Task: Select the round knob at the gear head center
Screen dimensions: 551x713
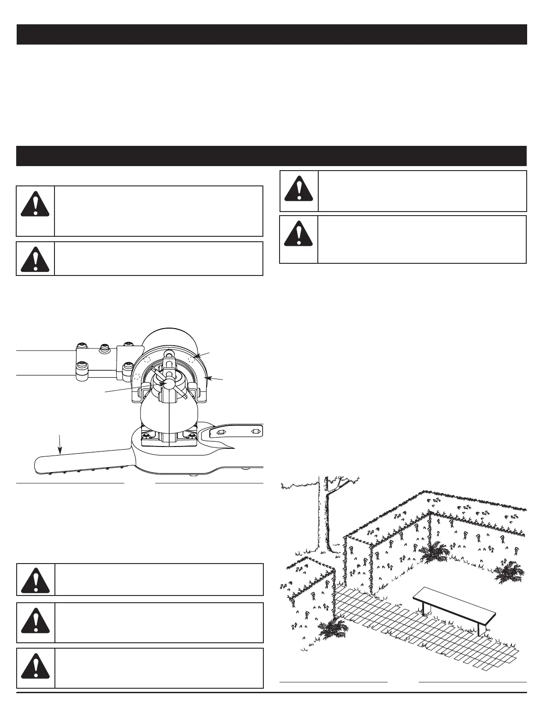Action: point(168,383)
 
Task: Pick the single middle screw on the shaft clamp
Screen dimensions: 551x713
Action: point(104,348)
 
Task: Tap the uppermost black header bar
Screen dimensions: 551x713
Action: point(271,35)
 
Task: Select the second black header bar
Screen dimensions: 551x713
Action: point(271,156)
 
